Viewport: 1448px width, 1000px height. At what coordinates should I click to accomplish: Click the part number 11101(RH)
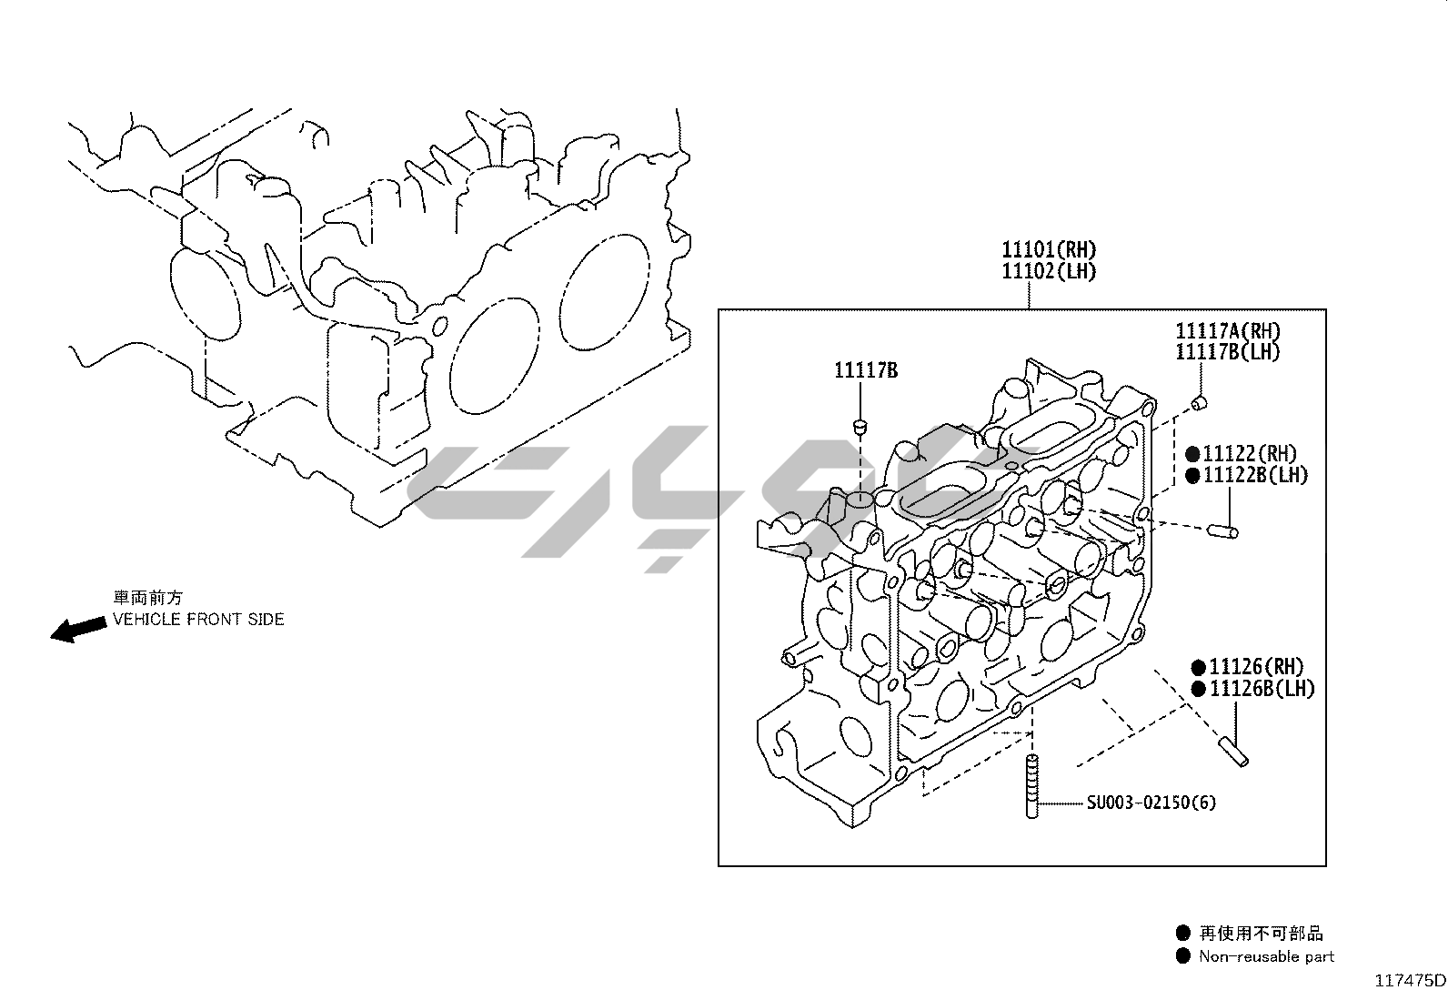pos(1049,249)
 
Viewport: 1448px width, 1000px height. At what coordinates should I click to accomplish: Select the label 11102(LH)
pos(1049,271)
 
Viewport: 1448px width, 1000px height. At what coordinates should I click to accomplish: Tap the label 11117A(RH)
pos(1228,331)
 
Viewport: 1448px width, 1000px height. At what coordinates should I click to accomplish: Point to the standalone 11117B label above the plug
pos(866,370)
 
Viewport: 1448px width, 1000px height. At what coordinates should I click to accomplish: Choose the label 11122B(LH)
pos(1255,475)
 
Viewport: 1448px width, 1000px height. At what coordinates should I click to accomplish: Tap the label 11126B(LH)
pos(1262,689)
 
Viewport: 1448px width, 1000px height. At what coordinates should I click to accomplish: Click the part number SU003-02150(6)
pos(1151,803)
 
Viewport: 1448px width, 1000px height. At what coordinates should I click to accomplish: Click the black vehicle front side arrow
pos(76,629)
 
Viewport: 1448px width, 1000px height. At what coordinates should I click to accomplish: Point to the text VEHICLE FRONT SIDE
pos(198,620)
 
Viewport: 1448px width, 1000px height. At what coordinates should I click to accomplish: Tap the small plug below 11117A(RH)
pos(1200,402)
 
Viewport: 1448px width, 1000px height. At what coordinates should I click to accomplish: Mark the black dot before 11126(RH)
pos(1199,667)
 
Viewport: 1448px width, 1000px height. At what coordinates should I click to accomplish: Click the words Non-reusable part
pos(1266,956)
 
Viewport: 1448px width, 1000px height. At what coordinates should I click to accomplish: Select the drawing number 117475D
pos(1409,981)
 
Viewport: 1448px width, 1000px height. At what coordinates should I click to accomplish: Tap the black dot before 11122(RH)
pos(1192,453)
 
